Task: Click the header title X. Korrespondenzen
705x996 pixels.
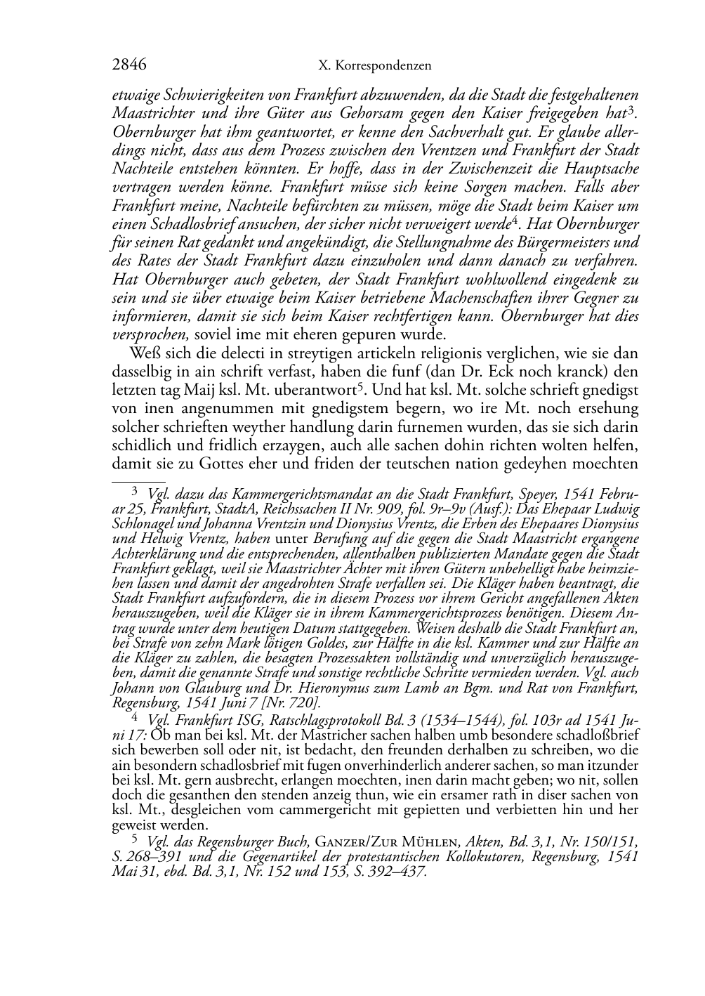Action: (374, 66)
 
